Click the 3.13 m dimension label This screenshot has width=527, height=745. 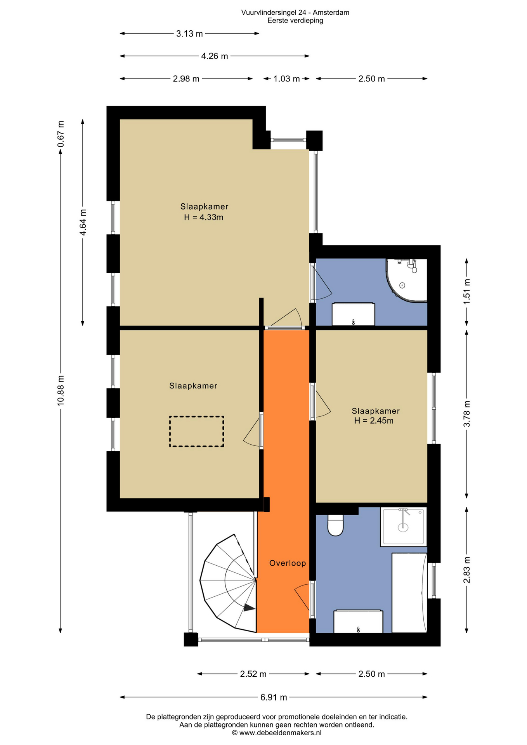pyautogui.click(x=189, y=34)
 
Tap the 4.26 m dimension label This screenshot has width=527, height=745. pyautogui.click(x=214, y=56)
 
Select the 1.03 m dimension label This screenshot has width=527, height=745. pyautogui.click(x=286, y=79)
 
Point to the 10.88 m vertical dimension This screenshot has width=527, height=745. pyautogui.click(x=61, y=390)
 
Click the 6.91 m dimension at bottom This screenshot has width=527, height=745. pyautogui.click(x=274, y=697)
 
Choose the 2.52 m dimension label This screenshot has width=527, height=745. pyautogui.click(x=253, y=674)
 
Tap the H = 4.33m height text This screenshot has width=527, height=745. pyautogui.click(x=204, y=217)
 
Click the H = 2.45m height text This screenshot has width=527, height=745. pyautogui.click(x=374, y=421)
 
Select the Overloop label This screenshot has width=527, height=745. pyautogui.click(x=288, y=563)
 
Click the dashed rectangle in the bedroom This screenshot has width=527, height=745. pyautogui.click(x=196, y=431)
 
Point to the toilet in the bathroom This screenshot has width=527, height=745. pyautogui.click(x=335, y=525)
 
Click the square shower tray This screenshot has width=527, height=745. pyautogui.click(x=403, y=527)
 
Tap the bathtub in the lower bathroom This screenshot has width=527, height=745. pyautogui.click(x=409, y=593)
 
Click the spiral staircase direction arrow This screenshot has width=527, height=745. pyautogui.click(x=249, y=608)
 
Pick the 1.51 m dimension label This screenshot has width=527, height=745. pyautogui.click(x=467, y=291)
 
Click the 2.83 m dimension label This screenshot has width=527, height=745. pyautogui.click(x=467, y=570)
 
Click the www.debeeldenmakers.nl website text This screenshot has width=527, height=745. pyautogui.click(x=280, y=733)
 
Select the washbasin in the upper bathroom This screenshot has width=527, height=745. pyautogui.click(x=353, y=315)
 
